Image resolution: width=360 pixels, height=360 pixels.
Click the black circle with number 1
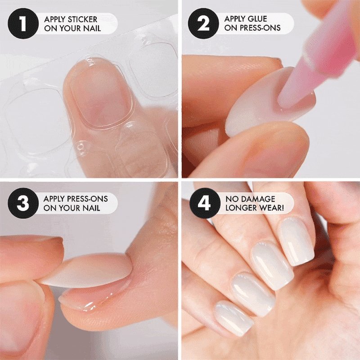[23, 23]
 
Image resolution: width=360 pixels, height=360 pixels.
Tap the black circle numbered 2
[203, 23]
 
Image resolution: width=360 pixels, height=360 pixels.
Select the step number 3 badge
[23, 203]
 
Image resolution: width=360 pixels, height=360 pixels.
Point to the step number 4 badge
[205, 203]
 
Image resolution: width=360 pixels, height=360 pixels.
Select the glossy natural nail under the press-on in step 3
[92, 296]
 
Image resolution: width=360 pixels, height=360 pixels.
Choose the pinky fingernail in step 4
[234, 318]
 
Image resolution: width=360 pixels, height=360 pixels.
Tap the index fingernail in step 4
[296, 241]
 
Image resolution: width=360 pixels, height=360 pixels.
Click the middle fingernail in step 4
[272, 265]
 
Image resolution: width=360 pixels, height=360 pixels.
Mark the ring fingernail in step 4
[252, 294]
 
